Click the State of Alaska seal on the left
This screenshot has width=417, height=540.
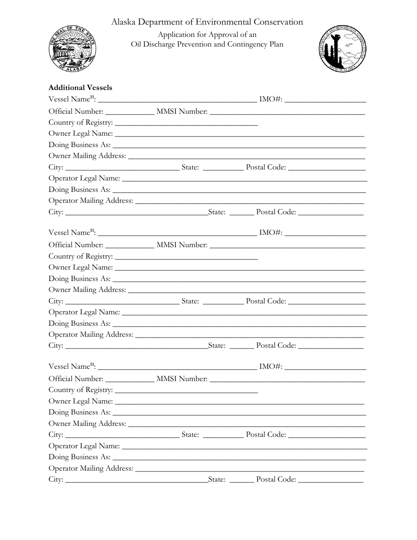tap(72, 49)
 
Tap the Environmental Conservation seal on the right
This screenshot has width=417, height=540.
tap(342, 50)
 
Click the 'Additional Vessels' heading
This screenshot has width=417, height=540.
tap(80, 88)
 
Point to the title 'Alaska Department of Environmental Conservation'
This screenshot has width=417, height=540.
tap(207, 22)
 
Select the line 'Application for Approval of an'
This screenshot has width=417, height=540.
tap(207, 35)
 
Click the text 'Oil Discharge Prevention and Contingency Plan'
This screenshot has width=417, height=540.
tap(207, 44)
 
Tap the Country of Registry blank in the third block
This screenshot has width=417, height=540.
tap(186, 390)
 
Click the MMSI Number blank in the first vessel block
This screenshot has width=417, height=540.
tap(287, 112)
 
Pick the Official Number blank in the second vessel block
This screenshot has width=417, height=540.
tap(130, 246)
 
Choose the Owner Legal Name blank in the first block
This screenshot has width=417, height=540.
tap(239, 134)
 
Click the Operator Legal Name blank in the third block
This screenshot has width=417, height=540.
tap(244, 447)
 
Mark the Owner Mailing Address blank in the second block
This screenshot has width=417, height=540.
tap(246, 291)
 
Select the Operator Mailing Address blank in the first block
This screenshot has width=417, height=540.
tap(249, 202)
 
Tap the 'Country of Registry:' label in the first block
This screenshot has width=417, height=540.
tap(80, 122)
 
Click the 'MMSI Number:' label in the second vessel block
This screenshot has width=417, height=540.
tap(182, 245)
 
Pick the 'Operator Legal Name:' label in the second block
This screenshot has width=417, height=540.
tap(84, 312)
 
